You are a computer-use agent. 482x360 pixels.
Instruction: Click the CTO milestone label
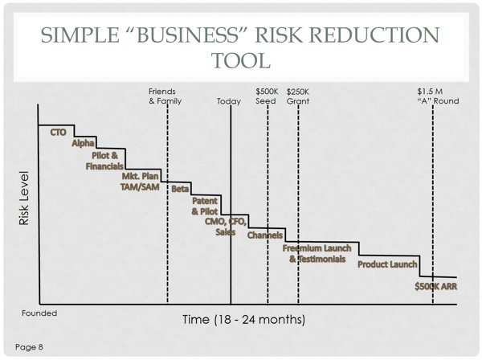click(58, 133)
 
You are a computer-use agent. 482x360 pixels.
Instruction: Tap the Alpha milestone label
click(83, 143)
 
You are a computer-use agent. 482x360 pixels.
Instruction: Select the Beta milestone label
click(180, 189)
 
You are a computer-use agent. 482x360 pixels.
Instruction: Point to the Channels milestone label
click(265, 235)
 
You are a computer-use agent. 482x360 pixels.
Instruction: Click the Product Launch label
click(387, 264)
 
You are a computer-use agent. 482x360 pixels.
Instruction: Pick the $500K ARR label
click(436, 287)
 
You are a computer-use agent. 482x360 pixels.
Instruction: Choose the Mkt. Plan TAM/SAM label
click(140, 182)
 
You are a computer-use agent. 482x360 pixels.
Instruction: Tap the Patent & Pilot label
click(205, 207)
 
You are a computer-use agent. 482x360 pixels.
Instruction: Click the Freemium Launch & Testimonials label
click(317, 254)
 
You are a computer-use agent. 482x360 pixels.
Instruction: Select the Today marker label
click(229, 101)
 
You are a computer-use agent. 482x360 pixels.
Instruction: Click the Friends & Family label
click(165, 96)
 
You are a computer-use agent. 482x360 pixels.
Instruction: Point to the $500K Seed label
click(267, 96)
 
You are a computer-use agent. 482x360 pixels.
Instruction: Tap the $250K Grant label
click(298, 96)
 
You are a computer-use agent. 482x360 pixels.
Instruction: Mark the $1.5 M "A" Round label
click(438, 96)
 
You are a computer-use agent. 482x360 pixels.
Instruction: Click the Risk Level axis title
click(23, 198)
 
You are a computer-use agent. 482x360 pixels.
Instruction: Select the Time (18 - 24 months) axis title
click(243, 320)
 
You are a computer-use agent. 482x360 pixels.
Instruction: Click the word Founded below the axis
click(39, 313)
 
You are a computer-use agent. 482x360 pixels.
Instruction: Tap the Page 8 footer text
click(29, 347)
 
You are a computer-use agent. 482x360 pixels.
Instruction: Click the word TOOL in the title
click(241, 60)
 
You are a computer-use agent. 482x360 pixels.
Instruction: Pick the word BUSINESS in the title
click(187, 35)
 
